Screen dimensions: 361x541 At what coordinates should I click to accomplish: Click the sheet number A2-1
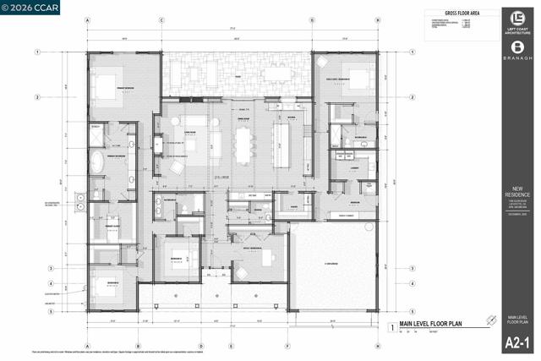517,342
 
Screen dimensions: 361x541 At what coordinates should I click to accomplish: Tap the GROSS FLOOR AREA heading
462,14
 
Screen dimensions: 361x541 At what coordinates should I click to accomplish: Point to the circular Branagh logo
517,49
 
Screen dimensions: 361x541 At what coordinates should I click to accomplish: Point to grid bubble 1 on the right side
413,52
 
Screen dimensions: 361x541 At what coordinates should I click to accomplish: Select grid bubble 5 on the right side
413,310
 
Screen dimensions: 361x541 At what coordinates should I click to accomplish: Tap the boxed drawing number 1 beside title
391,325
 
